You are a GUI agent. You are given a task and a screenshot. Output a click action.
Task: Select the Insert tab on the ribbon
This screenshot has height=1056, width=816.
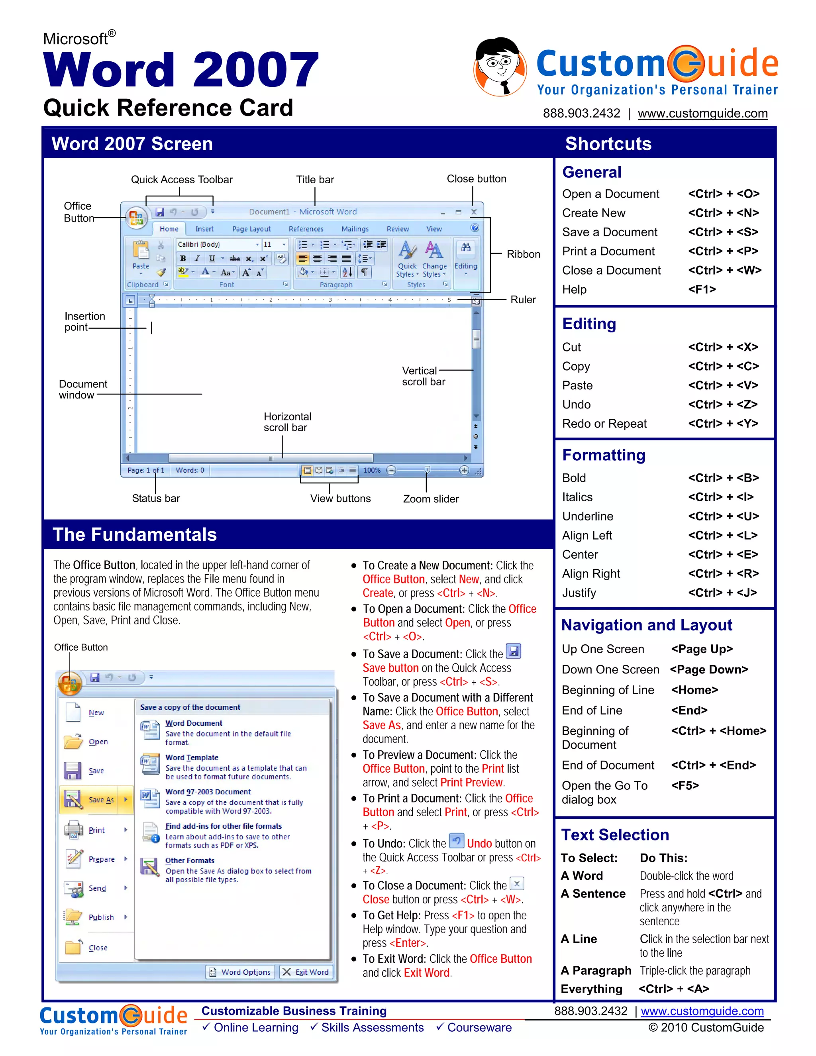pyautogui.click(x=204, y=229)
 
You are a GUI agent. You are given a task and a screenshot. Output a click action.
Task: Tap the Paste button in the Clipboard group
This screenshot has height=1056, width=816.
pyautogui.click(x=141, y=256)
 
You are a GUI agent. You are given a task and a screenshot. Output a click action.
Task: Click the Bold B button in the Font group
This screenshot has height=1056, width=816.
pyautogui.click(x=183, y=258)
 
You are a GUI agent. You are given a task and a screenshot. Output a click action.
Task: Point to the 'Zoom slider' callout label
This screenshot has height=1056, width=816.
pyautogui.click(x=431, y=499)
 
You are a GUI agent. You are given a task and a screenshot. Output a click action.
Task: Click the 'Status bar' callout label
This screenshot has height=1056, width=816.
pyautogui.click(x=156, y=498)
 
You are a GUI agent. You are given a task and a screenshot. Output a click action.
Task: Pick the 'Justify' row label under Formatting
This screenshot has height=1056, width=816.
pyautogui.click(x=579, y=593)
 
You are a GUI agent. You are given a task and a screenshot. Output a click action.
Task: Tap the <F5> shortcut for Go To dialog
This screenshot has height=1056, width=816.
pyautogui.click(x=685, y=785)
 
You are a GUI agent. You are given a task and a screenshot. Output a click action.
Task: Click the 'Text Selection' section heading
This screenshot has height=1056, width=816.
pyautogui.click(x=615, y=834)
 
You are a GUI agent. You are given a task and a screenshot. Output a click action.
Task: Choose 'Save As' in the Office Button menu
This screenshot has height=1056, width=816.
pyautogui.click(x=101, y=800)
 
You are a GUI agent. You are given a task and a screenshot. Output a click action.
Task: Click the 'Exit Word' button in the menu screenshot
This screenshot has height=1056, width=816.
pyautogui.click(x=306, y=972)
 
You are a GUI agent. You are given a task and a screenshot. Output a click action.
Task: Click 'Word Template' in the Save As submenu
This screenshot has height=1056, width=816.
pyautogui.click(x=191, y=757)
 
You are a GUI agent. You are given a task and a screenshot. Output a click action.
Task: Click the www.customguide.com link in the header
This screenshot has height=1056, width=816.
pyautogui.click(x=702, y=113)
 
